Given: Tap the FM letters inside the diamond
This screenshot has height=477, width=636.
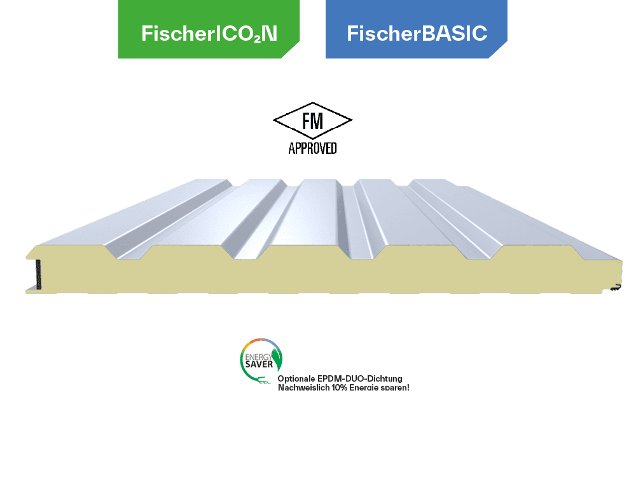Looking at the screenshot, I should click(312, 121).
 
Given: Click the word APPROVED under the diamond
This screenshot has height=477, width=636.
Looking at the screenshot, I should click(312, 149).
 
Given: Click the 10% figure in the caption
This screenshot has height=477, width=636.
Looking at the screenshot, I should click(338, 387).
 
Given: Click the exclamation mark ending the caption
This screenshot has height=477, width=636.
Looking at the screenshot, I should click(408, 387).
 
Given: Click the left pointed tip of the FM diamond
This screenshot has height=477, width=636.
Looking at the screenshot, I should click(274, 121).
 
